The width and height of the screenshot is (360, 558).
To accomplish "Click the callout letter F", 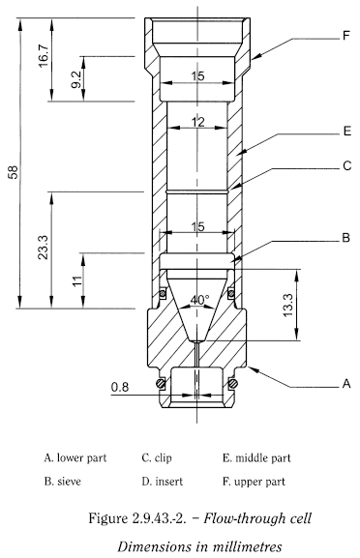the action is click(345, 36).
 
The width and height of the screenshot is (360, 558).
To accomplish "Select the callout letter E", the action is click(347, 131).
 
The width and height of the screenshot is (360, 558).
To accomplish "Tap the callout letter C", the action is click(346, 165).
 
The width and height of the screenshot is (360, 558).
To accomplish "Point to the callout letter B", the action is click(345, 237).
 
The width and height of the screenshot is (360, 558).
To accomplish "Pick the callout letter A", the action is click(346, 384).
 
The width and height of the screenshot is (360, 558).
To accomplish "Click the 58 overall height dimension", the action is click(13, 172).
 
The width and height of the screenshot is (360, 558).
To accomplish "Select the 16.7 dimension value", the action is click(44, 56).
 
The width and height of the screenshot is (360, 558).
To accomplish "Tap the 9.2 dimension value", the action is click(76, 79).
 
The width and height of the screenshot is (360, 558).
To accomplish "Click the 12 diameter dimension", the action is click(197, 122).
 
